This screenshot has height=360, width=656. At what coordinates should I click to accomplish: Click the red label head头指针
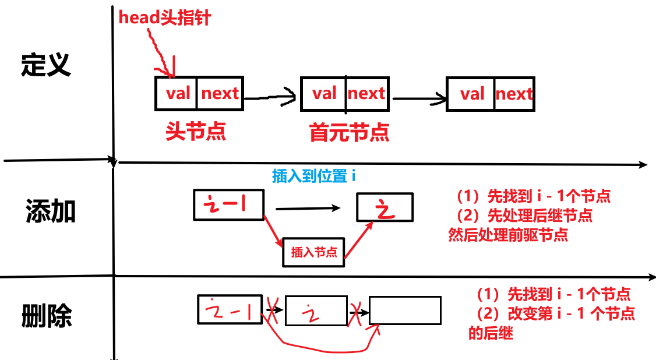click(164, 17)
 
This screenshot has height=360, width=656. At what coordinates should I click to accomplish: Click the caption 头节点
click(196, 132)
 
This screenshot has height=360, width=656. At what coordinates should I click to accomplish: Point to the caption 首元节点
click(350, 133)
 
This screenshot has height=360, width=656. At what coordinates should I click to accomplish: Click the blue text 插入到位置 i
click(313, 176)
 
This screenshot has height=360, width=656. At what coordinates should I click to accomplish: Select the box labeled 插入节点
click(314, 252)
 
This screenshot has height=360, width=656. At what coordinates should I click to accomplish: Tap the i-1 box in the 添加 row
click(228, 204)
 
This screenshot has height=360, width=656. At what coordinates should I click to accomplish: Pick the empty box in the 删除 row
click(405, 310)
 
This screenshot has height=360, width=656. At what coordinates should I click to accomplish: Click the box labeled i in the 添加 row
click(385, 208)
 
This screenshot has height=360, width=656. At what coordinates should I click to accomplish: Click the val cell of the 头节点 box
click(177, 93)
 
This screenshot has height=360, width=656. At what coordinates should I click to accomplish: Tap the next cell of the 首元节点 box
click(366, 93)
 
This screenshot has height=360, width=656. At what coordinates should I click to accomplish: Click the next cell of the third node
click(514, 94)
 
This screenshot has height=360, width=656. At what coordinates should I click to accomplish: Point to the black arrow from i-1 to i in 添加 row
click(308, 207)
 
